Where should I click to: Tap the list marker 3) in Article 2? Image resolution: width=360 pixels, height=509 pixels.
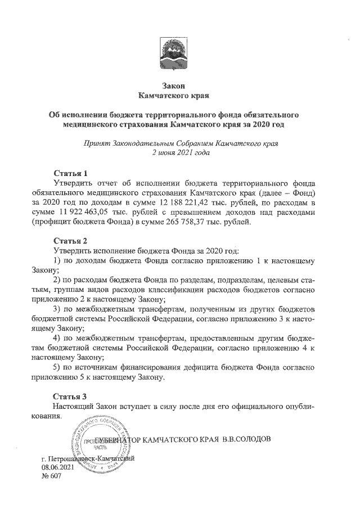(57, 309)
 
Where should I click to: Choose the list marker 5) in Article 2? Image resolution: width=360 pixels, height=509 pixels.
(57, 367)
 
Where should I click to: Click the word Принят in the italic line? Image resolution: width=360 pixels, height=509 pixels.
(97, 143)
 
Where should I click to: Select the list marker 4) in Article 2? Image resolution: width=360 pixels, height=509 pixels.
(57, 338)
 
